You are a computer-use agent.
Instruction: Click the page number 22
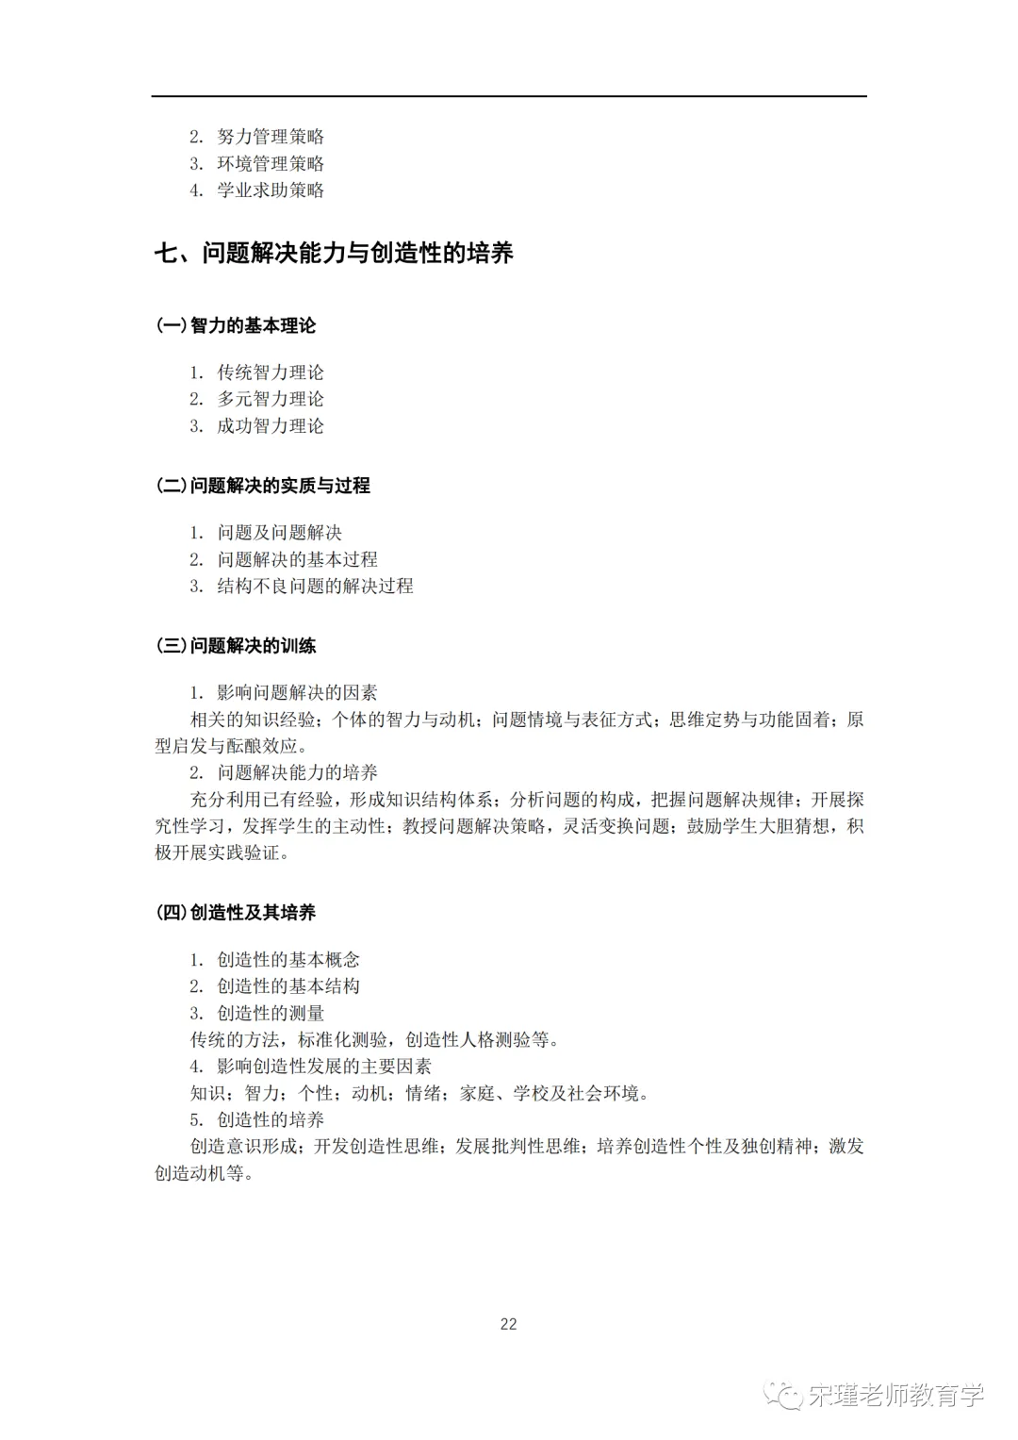point(508,1324)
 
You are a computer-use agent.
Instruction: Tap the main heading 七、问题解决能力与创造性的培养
point(334,254)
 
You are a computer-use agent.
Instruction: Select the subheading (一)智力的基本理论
point(236,326)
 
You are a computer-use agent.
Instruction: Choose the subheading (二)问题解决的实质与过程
point(263,487)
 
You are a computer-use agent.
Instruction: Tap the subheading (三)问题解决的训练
point(236,647)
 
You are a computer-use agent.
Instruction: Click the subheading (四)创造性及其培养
point(236,913)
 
